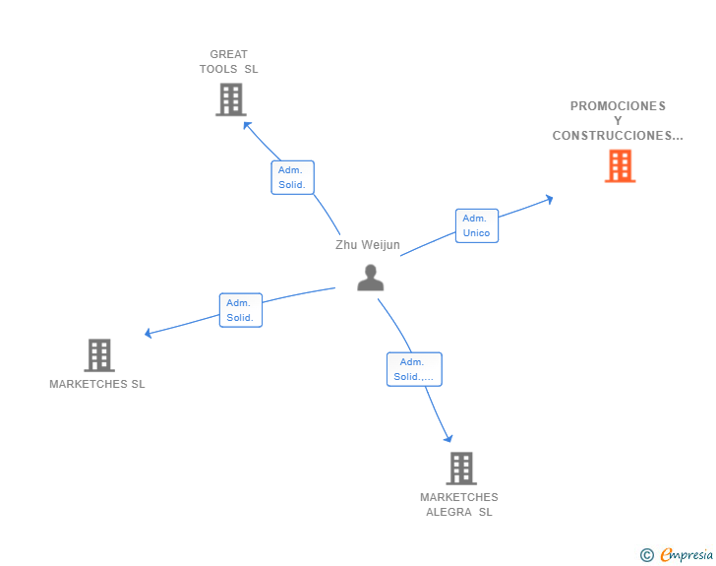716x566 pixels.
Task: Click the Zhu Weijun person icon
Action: pyautogui.click(x=370, y=278)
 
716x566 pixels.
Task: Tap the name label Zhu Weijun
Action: pyautogui.click(x=368, y=245)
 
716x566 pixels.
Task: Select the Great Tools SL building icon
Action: pyautogui.click(x=230, y=99)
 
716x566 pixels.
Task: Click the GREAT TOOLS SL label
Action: pyautogui.click(x=229, y=62)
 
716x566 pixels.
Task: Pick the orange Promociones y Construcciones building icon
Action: pyautogui.click(x=620, y=166)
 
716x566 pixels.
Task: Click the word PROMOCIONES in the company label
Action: pyautogui.click(x=618, y=106)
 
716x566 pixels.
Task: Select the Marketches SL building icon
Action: pyautogui.click(x=98, y=355)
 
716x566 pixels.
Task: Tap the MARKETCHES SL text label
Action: pyautogui.click(x=97, y=384)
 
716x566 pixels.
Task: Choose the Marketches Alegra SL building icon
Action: pyautogui.click(x=460, y=469)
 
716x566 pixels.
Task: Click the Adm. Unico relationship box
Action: pyautogui.click(x=476, y=225)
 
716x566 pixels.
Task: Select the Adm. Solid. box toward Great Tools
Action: pyautogui.click(x=292, y=177)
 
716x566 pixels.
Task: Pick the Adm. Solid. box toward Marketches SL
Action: pyautogui.click(x=240, y=310)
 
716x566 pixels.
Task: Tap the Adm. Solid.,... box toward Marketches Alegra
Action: pyautogui.click(x=414, y=369)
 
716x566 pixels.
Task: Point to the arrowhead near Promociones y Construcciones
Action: pyautogui.click(x=549, y=199)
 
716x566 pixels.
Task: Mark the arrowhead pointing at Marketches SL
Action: pyautogui.click(x=149, y=333)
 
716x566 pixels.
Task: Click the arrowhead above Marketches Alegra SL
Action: pyautogui.click(x=448, y=438)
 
